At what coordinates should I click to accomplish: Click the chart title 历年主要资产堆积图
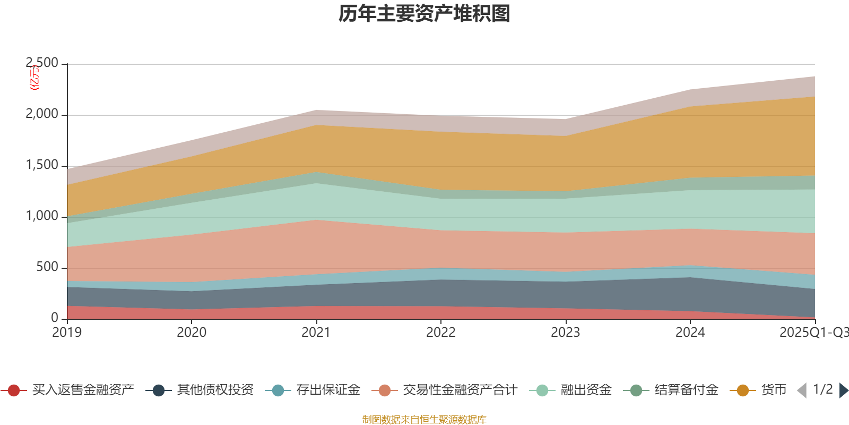424,14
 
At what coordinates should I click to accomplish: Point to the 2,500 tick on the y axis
42,63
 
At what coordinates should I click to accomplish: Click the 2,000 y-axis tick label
42,114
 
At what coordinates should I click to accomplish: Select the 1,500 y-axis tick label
42,165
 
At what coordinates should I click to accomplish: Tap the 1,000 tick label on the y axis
42,216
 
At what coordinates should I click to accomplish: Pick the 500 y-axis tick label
47,267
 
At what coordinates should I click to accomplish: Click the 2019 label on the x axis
67,333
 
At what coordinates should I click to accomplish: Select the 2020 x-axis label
192,333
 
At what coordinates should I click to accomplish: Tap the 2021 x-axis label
316,333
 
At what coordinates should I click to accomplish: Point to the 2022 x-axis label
441,333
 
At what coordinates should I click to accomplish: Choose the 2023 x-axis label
566,333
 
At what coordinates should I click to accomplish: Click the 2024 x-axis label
690,333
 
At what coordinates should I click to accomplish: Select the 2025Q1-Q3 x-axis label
813,333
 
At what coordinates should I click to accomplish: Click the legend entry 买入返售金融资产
83,390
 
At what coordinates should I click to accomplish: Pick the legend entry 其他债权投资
215,390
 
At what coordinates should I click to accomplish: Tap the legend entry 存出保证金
328,390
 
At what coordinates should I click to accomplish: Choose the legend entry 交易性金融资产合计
460,390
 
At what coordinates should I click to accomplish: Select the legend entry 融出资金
586,390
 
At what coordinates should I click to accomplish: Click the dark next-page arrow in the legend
843,390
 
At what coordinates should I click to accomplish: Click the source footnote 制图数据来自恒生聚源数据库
424,420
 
